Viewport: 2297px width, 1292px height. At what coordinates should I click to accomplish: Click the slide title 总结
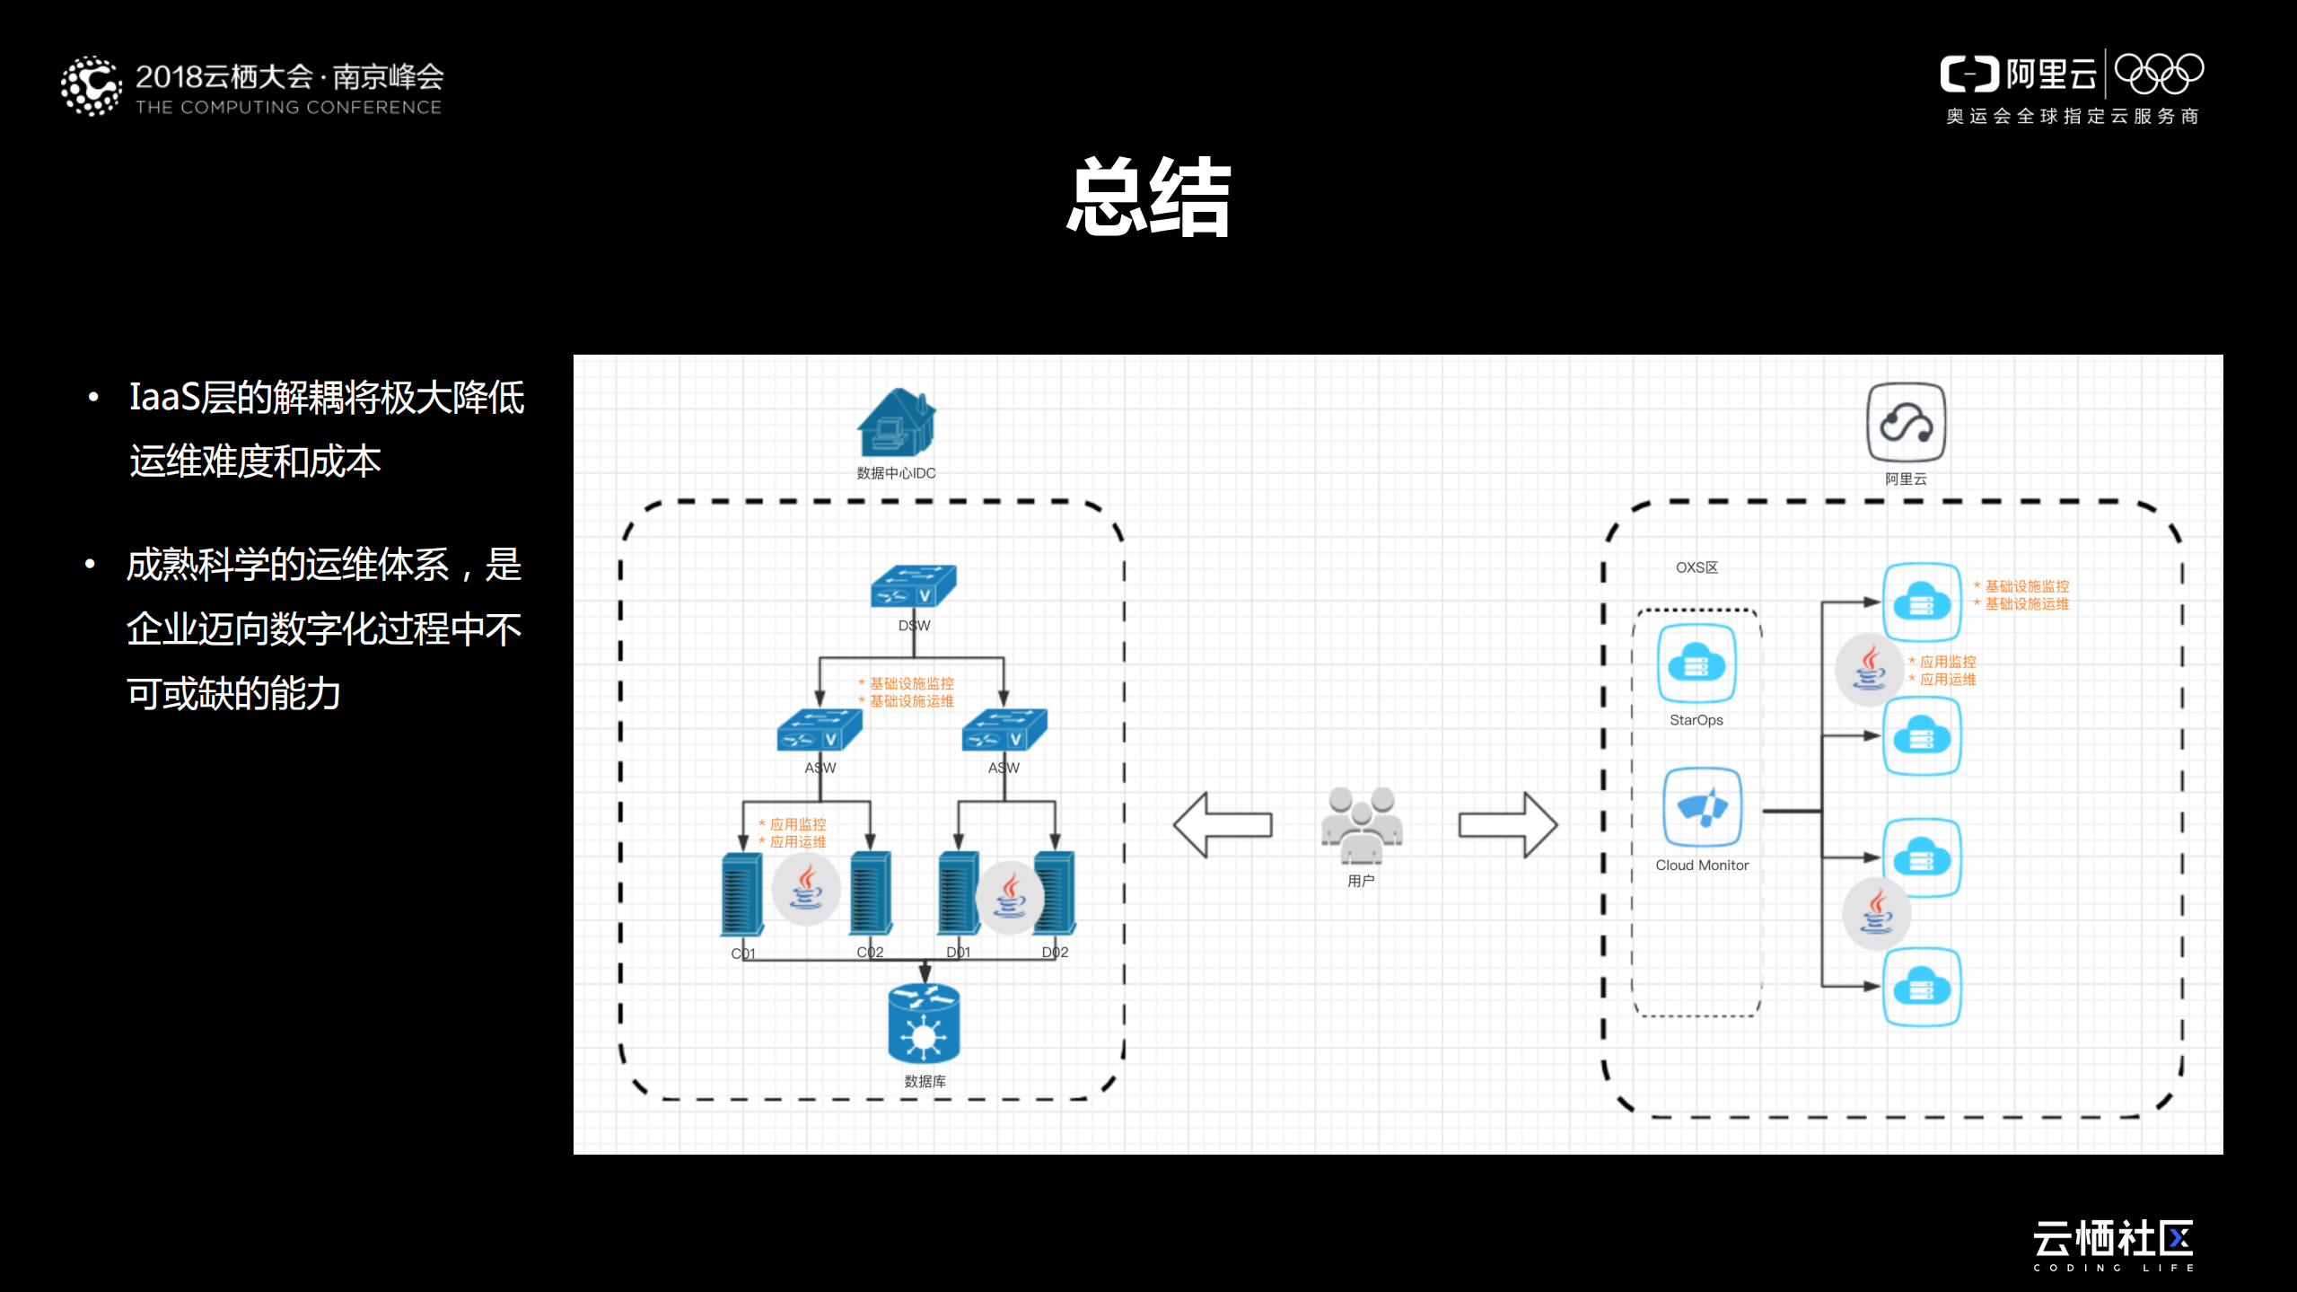tap(1148, 197)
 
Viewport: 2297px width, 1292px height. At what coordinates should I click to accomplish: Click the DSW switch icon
tap(914, 586)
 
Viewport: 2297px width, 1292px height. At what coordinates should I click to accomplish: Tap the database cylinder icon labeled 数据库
tap(924, 1024)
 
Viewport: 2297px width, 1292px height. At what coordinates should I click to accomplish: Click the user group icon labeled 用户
tap(1361, 825)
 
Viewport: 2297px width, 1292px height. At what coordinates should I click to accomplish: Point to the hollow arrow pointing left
tap(1222, 824)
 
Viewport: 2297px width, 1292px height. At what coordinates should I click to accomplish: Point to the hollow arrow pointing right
tap(1507, 824)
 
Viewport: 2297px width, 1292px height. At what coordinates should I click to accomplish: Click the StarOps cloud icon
tap(1696, 664)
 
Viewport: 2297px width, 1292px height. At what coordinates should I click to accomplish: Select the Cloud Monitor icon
tap(1702, 807)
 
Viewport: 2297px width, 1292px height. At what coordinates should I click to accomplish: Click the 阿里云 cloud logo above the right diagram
tap(1906, 423)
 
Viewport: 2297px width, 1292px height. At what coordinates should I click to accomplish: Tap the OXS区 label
tap(1696, 567)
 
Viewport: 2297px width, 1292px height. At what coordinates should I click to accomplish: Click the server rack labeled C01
tap(742, 895)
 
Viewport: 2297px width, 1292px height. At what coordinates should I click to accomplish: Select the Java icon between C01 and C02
tap(806, 888)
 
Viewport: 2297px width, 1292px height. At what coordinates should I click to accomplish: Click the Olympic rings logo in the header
tap(2159, 74)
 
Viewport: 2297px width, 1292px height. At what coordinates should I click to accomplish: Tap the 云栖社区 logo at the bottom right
tap(2113, 1241)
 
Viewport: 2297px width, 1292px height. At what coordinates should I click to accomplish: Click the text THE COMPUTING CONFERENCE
tap(288, 108)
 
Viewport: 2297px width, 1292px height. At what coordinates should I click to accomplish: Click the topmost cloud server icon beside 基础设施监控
tap(1921, 602)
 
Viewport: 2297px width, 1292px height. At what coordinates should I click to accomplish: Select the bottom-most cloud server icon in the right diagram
tap(1921, 987)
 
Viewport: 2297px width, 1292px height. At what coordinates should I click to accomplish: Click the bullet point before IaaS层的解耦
tap(93, 398)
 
